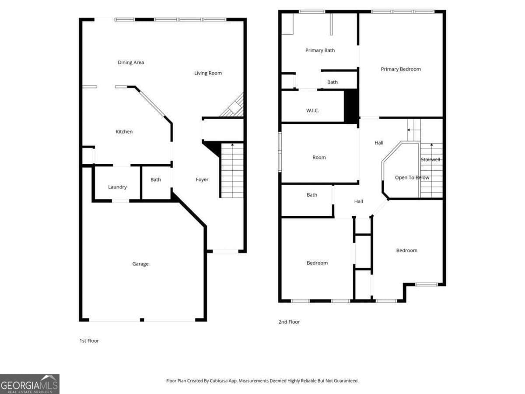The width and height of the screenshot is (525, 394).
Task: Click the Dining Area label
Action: pyautogui.click(x=131, y=63)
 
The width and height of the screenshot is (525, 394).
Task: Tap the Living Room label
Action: pyautogui.click(x=208, y=73)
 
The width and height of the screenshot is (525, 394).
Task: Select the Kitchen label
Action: pyautogui.click(x=124, y=132)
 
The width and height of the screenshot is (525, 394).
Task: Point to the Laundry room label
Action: pyautogui.click(x=117, y=187)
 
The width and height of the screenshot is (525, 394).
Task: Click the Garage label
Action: pyautogui.click(x=140, y=264)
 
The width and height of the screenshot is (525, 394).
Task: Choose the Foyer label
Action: pyautogui.click(x=202, y=179)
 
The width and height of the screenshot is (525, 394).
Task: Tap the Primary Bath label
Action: pyautogui.click(x=320, y=50)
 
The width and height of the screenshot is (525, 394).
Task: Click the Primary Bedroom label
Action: pyautogui.click(x=401, y=69)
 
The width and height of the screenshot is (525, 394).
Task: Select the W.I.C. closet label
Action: pyautogui.click(x=312, y=111)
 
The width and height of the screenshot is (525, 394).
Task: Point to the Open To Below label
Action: pyautogui.click(x=412, y=178)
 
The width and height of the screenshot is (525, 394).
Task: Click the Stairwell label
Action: pyautogui.click(x=430, y=160)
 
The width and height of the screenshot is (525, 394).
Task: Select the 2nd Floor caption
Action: pyautogui.click(x=289, y=322)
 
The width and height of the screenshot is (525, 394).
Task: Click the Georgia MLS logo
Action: pyautogui.click(x=30, y=384)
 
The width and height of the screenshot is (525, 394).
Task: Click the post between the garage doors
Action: pyautogui.click(x=142, y=320)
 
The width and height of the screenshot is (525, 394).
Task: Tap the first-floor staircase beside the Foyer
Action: pyautogui.click(x=232, y=171)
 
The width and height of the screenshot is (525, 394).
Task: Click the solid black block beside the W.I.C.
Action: pyautogui.click(x=351, y=106)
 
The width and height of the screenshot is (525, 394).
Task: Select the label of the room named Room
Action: pyautogui.click(x=319, y=158)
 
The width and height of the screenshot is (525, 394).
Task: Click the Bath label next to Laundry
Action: pyautogui.click(x=156, y=180)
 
